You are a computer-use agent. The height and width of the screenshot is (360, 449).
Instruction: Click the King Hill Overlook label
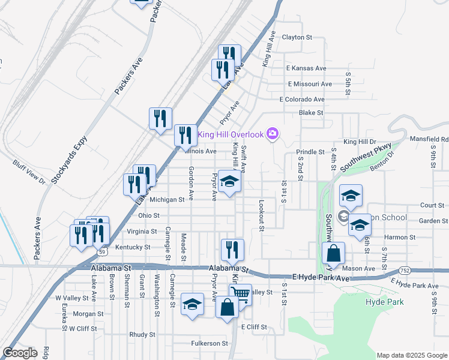click(x=232, y=134)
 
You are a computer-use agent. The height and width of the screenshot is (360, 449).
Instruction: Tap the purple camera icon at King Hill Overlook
click(x=273, y=134)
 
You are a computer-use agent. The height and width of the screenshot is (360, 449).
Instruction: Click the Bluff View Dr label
click(x=29, y=171)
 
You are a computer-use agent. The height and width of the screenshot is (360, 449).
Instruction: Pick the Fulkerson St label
click(x=209, y=344)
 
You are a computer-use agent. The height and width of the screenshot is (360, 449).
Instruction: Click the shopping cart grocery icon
click(x=240, y=294)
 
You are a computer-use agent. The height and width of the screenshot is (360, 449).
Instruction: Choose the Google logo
click(x=20, y=353)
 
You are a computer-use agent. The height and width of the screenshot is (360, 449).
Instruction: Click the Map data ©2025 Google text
click(x=411, y=355)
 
